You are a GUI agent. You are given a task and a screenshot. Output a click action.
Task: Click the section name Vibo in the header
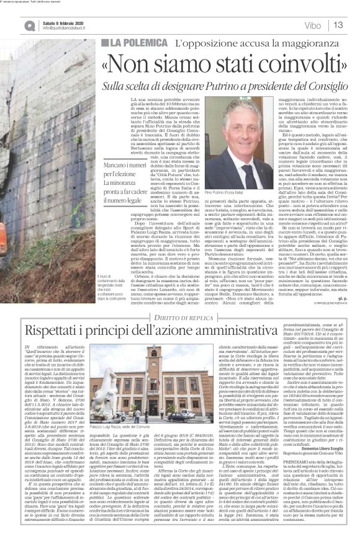click(x=313, y=25)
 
